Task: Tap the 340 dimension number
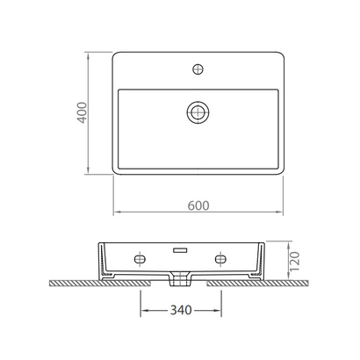click(180, 309)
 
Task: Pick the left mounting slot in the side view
click(140, 260)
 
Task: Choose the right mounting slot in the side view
click(220, 260)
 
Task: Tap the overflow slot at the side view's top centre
click(181, 248)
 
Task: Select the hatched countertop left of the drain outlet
click(105, 284)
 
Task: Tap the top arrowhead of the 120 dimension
click(289, 243)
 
